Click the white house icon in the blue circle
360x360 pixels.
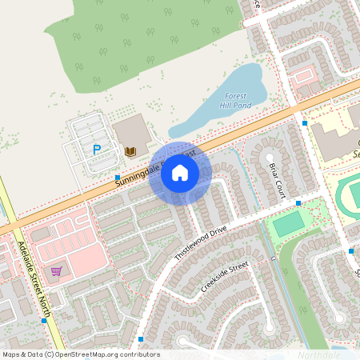pyautogui.click(x=180, y=173)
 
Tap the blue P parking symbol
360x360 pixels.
pyautogui.click(x=97, y=149)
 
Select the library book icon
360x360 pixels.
pyautogui.click(x=130, y=150)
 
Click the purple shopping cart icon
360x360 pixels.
pyautogui.click(x=56, y=271)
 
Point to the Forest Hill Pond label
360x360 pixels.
pyautogui.click(x=235, y=100)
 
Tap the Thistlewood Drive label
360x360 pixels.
pyautogui.click(x=202, y=242)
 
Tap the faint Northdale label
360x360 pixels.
pyautogui.click(x=319, y=354)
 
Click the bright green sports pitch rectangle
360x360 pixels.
pyautogui.click(x=289, y=224)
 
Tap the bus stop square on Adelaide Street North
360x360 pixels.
pyautogui.click(x=43, y=321)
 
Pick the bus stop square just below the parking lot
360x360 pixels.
pyautogui.click(x=118, y=177)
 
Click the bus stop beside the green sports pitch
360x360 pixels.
pyautogui.click(x=298, y=203)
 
